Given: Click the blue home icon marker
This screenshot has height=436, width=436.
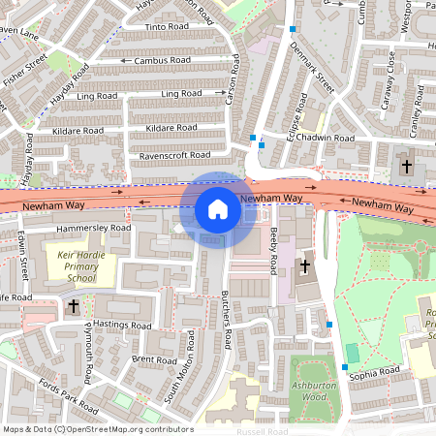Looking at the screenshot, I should point(218,209).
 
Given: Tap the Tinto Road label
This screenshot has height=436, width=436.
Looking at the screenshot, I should point(166,27).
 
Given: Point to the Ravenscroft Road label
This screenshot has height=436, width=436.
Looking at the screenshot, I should point(174,155).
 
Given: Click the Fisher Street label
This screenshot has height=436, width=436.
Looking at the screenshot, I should point(23,73).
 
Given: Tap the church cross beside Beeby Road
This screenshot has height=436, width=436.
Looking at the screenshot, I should point(305,265).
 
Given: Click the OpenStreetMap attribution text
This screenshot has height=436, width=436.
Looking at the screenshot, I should point(97,429).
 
